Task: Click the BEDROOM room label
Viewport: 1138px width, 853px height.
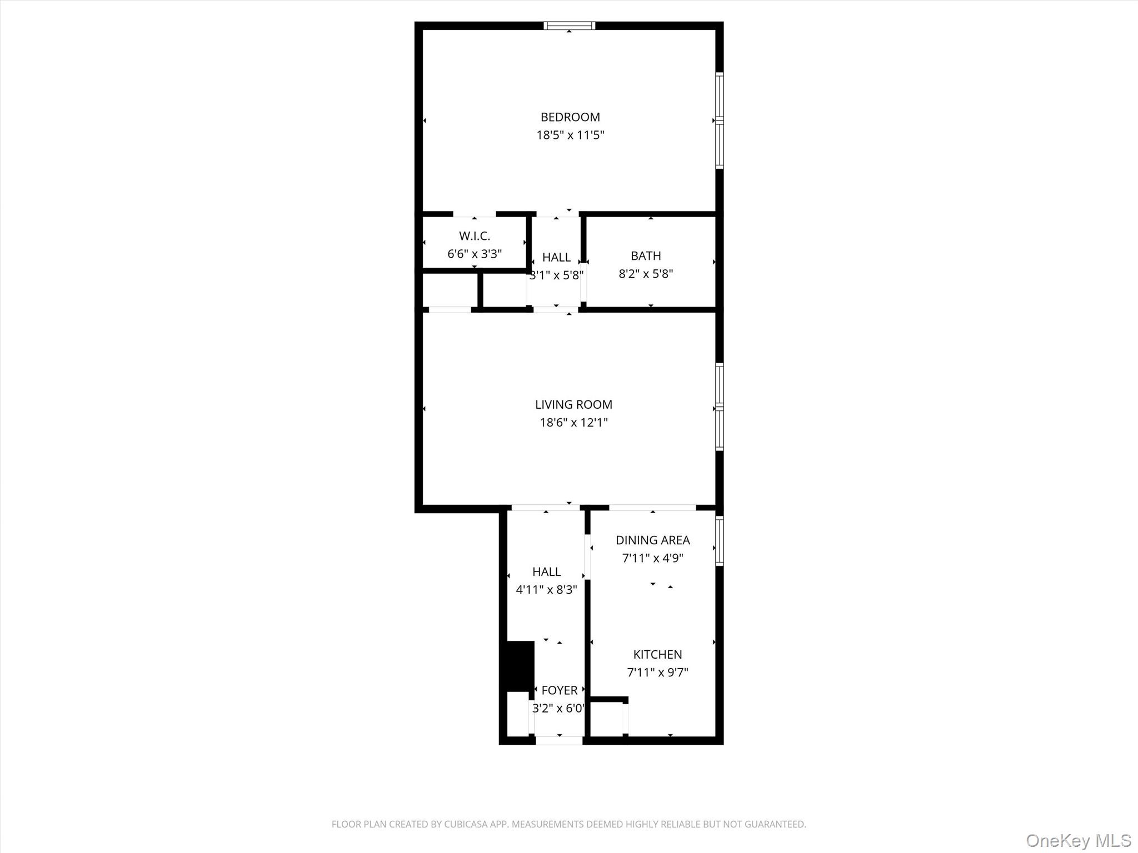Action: click(570, 117)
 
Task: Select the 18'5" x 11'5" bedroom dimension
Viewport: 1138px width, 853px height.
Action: click(570, 135)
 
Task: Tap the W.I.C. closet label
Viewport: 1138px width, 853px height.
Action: click(475, 236)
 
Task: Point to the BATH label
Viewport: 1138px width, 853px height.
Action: click(646, 256)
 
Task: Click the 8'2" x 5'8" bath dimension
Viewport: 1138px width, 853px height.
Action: click(646, 274)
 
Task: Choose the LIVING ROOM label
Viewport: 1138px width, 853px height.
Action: click(573, 405)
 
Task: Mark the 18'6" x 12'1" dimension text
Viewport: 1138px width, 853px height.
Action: click(573, 423)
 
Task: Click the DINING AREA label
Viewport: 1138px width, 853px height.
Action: click(652, 540)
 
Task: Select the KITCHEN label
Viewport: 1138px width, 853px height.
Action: click(657, 655)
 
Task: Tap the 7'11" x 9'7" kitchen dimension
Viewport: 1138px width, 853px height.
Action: click(657, 673)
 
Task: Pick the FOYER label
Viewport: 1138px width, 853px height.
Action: click(559, 690)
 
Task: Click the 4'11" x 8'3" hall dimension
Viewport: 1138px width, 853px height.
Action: click(546, 590)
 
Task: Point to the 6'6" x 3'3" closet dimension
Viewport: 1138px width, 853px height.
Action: click(475, 254)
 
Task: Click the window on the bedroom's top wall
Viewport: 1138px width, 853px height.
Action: click(569, 26)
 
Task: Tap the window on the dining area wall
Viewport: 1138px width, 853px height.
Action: click(719, 540)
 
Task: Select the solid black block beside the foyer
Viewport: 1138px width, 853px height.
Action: click(519, 666)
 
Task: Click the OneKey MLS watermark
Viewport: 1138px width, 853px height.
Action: click(1078, 840)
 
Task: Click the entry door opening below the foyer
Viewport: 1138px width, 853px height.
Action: click(559, 740)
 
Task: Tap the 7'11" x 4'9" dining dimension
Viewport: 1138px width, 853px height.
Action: click(652, 558)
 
